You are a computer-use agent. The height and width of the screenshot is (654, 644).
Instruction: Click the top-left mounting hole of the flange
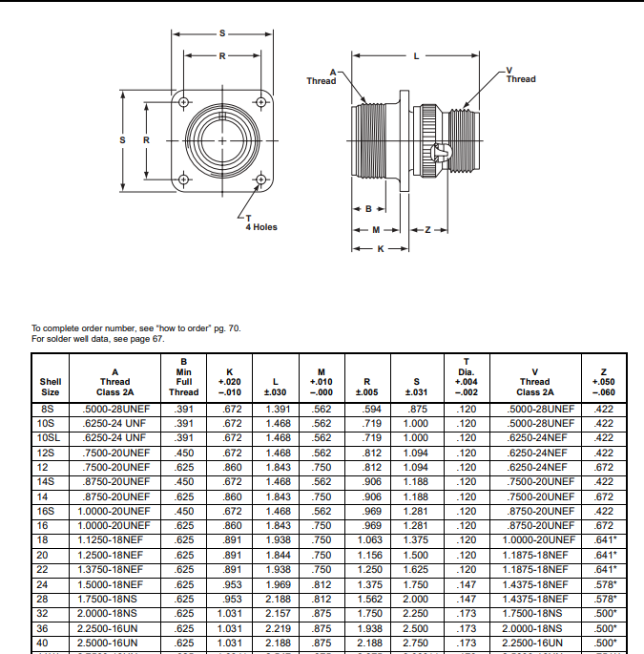click(x=183, y=101)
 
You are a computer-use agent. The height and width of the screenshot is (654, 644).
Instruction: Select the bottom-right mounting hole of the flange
click(x=260, y=179)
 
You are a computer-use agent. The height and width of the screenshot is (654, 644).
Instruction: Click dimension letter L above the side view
click(x=417, y=56)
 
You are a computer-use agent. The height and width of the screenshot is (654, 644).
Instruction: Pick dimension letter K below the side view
click(x=380, y=248)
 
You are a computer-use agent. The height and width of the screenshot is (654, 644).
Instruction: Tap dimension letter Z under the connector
click(x=428, y=230)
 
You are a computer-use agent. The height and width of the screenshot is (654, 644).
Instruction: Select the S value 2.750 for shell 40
click(x=417, y=643)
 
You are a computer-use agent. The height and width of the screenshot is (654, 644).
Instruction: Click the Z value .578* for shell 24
click(x=604, y=584)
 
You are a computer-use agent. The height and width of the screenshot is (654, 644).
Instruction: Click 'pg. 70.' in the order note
click(x=227, y=328)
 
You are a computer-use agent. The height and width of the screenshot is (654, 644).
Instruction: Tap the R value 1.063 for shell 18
click(x=369, y=540)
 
